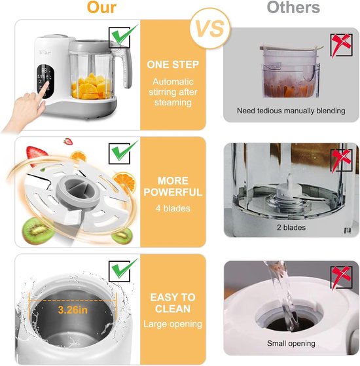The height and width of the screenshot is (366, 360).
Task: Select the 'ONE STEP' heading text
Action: click(x=173, y=65)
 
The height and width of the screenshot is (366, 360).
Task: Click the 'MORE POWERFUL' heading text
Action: click(x=173, y=187)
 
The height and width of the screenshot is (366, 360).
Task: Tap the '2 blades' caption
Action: click(x=291, y=228)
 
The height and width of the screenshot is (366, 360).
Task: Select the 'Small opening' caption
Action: click(x=291, y=344)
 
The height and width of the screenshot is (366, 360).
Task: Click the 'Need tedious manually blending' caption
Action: click(x=291, y=111)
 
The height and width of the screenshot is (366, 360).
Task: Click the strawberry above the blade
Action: click(x=67, y=142)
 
